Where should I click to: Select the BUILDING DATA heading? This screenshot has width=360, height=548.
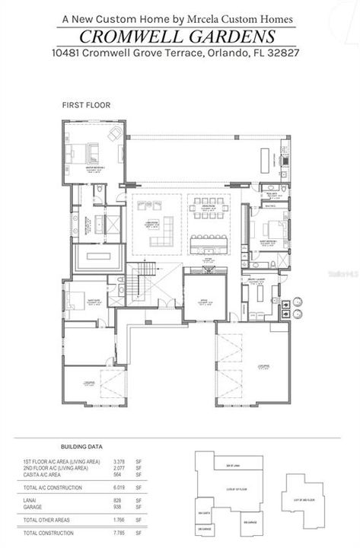[83, 447]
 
